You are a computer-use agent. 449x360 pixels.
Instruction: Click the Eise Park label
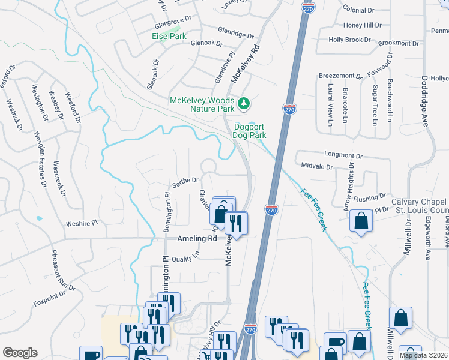(x=169, y=36)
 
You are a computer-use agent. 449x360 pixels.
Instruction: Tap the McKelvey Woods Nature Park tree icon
(x=244, y=104)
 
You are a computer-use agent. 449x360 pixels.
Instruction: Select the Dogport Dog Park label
(x=249, y=131)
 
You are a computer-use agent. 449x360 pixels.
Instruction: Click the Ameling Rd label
(x=196, y=238)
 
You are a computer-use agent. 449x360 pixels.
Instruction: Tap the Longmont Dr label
(x=343, y=155)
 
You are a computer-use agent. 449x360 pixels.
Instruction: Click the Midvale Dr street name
(x=317, y=166)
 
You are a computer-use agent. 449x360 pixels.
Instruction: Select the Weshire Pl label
(x=82, y=223)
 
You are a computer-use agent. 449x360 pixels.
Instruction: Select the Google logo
(x=20, y=352)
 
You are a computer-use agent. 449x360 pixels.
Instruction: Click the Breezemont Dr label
(x=340, y=77)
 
